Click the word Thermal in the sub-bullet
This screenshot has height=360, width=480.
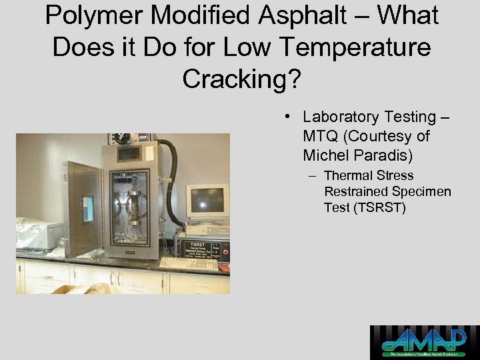pos(347,176)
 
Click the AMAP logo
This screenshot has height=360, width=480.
pos(424,343)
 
